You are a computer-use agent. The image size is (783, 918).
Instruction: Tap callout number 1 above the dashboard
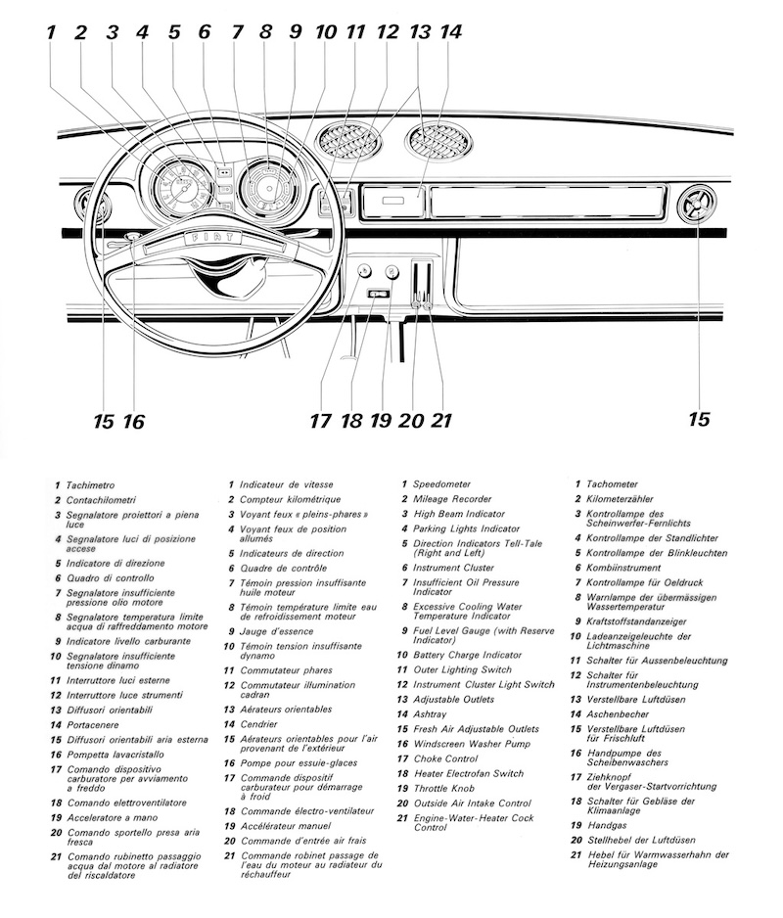point(50,32)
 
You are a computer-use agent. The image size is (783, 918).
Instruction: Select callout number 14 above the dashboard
point(451,31)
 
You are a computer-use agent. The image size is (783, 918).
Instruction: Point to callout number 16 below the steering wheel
point(133,421)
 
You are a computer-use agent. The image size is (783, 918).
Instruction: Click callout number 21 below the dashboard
point(442,421)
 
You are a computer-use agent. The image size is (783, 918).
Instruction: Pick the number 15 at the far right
point(698,419)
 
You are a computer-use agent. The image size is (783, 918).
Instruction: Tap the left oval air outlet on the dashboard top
point(348,141)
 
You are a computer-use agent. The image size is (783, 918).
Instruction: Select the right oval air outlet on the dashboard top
point(439,141)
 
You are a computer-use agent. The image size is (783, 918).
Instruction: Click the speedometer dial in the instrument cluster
point(178,189)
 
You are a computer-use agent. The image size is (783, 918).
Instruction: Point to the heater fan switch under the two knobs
point(377,294)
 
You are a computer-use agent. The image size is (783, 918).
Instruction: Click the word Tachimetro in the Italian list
point(91,485)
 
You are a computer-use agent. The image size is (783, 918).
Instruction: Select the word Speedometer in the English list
point(441,484)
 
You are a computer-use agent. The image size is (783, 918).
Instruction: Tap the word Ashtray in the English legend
point(430,714)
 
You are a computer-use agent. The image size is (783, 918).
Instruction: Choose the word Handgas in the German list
point(606,824)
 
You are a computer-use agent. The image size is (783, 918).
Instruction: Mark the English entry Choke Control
point(445,758)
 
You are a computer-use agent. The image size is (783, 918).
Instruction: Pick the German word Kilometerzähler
point(627,499)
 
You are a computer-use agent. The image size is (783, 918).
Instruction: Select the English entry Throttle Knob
point(443,788)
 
